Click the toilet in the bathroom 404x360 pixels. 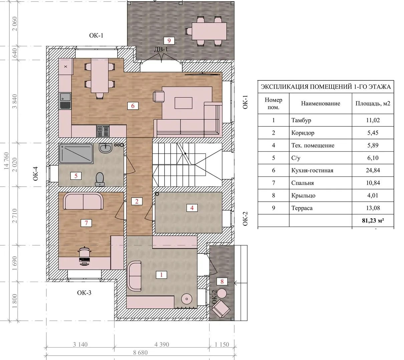[100, 179]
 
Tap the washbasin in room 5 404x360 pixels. [105, 148]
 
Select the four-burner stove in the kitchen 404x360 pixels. [103, 131]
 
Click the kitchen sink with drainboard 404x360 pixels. [65, 101]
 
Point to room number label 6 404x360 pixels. [133, 106]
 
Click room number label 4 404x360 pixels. [192, 208]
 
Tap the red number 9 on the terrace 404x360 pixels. [169, 41]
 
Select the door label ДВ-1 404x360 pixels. [161, 49]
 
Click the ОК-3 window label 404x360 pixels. [84, 293]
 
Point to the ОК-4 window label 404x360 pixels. [35, 174]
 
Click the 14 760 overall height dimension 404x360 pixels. [6, 161]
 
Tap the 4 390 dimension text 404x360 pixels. [162, 344]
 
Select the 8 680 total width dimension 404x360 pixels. [140, 353]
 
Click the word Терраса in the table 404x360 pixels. [302, 208]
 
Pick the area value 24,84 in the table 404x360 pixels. [373, 170]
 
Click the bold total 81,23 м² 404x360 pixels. [373, 221]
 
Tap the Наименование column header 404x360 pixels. [321, 103]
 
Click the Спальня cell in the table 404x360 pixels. [302, 183]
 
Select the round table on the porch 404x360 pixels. [222, 293]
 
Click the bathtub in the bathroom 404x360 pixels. [76, 154]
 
